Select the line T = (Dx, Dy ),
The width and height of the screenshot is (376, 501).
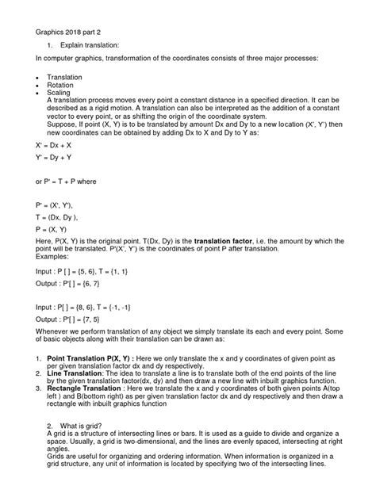56,216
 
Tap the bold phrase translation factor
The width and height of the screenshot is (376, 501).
235,240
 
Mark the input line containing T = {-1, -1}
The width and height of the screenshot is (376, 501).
79,305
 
